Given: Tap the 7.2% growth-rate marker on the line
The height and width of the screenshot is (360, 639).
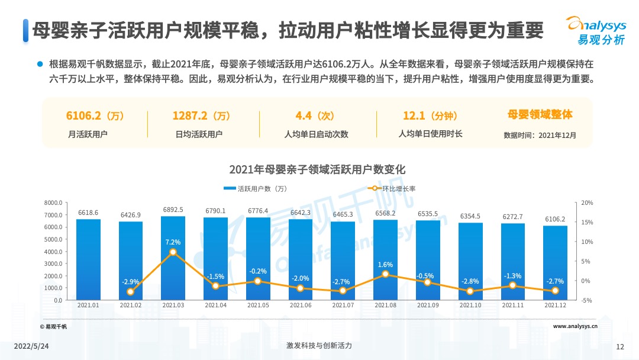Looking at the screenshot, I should click(x=173, y=252).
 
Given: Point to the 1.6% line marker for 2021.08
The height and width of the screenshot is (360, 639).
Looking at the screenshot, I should click(x=385, y=274).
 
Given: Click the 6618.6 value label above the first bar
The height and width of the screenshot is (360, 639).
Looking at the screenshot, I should click(x=88, y=213).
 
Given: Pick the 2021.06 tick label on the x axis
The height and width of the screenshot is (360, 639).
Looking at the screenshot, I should click(x=301, y=306).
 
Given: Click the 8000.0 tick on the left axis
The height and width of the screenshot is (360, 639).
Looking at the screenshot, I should click(x=53, y=203).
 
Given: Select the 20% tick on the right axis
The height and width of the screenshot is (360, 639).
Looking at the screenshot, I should click(x=587, y=203).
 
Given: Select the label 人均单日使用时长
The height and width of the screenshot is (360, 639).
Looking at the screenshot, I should click(x=430, y=134).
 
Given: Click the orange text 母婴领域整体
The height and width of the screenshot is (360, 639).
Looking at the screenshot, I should click(x=540, y=114).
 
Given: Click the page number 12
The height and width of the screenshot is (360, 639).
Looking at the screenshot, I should click(x=620, y=346).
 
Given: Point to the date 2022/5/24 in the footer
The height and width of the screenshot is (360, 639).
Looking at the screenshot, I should click(x=31, y=346).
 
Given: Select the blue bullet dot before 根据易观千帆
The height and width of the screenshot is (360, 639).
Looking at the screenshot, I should click(x=40, y=63).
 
